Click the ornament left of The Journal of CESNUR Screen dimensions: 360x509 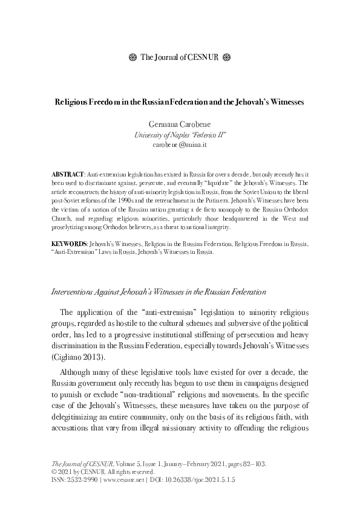(x=133, y=58)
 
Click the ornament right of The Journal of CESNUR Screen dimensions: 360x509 (x=227, y=58)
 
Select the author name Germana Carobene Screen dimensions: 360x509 (x=180, y=124)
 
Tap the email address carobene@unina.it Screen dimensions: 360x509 (x=180, y=146)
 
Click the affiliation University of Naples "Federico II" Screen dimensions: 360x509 (x=180, y=135)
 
